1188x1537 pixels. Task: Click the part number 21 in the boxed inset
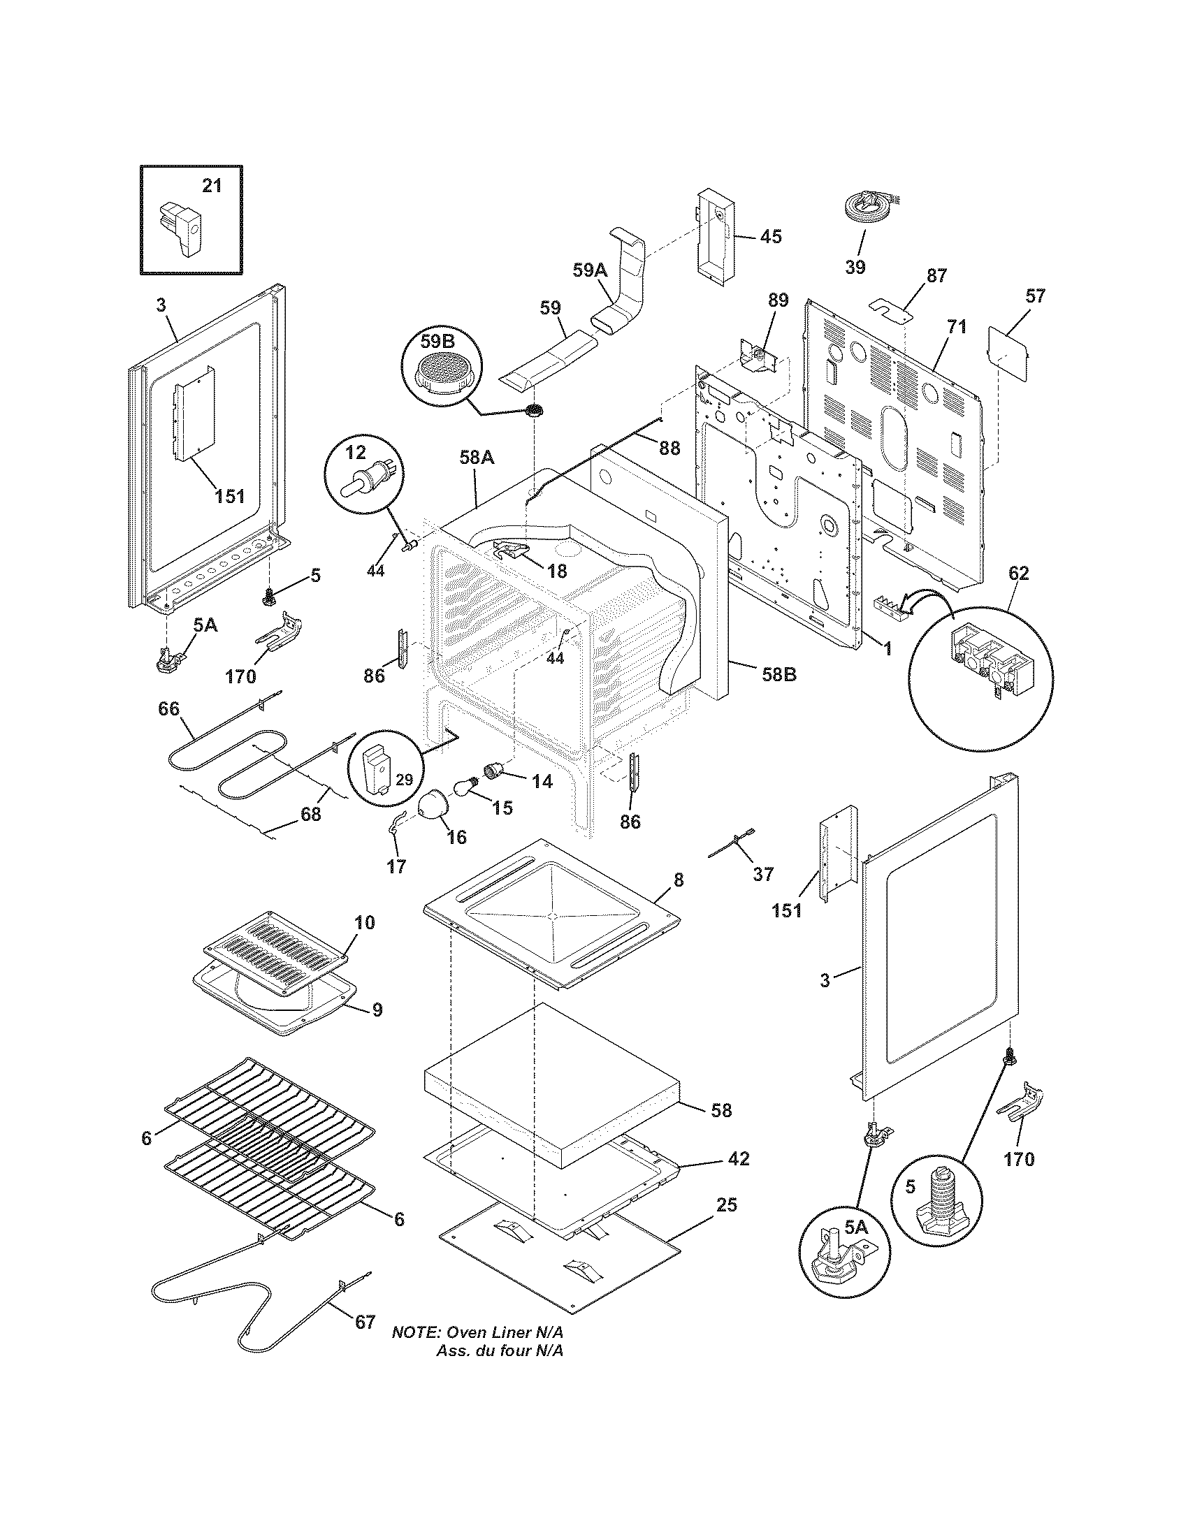[x=212, y=185]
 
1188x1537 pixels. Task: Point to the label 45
[x=771, y=236]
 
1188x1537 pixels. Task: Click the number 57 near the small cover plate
[x=1034, y=296]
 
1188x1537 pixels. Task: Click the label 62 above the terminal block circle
[x=1018, y=574]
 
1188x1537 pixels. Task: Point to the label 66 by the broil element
[x=168, y=708]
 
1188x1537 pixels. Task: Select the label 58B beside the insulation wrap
[x=778, y=674]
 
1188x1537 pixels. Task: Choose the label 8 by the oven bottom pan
[x=678, y=879]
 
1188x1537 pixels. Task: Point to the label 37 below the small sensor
[x=763, y=874]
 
